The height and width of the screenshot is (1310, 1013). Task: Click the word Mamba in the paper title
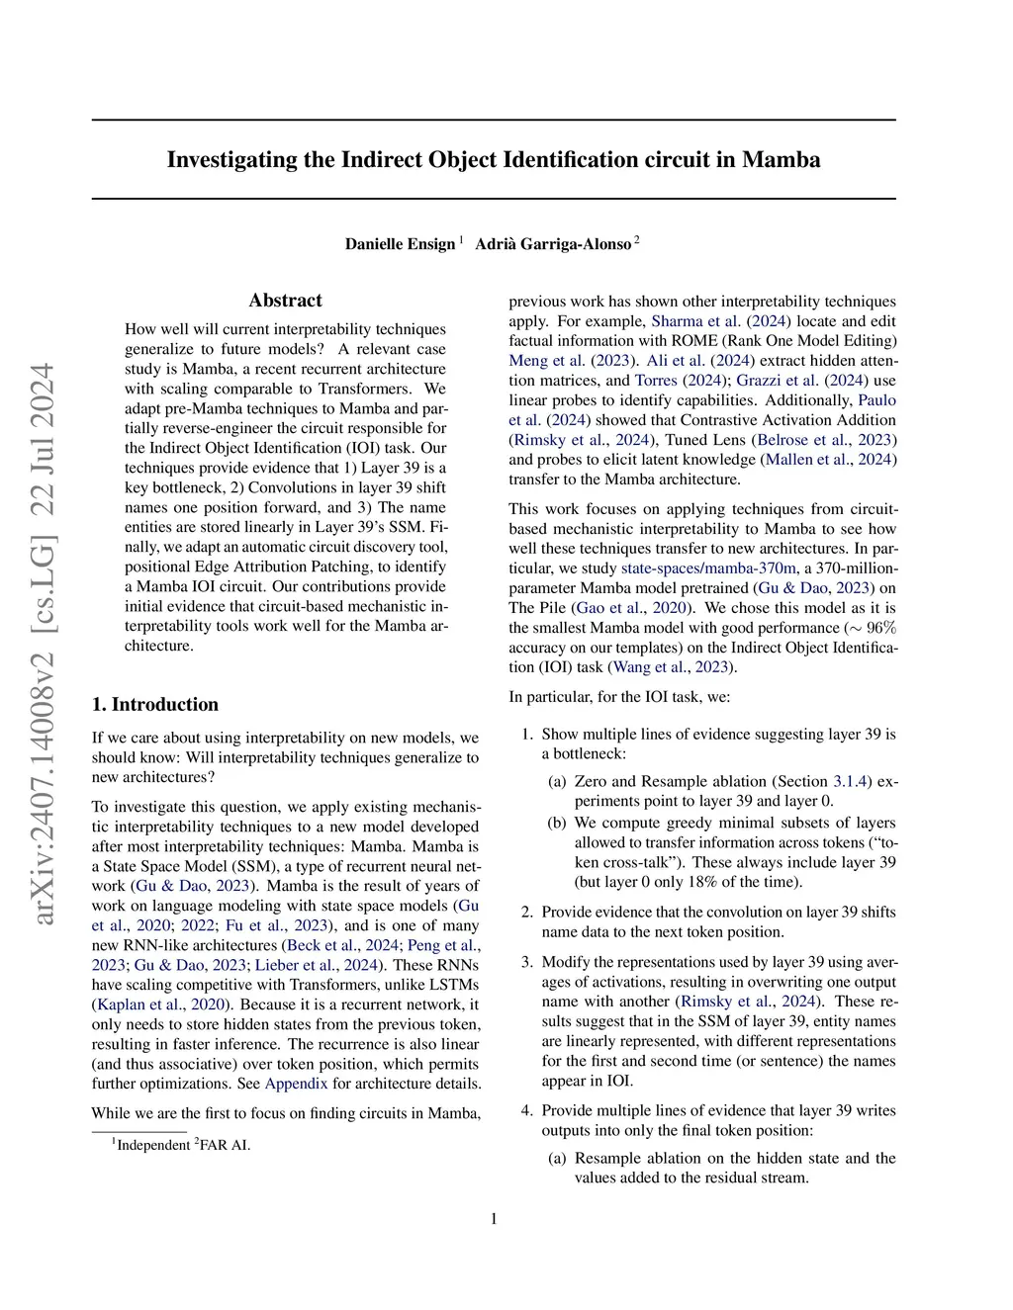point(781,160)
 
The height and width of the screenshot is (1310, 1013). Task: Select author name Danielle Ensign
point(400,244)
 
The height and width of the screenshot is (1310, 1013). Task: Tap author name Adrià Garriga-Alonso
point(553,244)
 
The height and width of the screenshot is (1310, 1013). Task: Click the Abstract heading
point(285,301)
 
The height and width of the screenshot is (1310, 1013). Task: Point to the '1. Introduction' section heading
point(155,704)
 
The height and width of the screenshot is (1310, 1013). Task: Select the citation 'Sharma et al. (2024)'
point(720,321)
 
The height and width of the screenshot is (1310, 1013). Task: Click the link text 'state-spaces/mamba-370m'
point(708,568)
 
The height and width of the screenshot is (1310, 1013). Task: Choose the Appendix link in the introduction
point(296,1084)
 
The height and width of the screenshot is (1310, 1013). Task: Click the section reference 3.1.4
point(851,782)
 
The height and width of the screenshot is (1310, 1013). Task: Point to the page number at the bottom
point(494,1219)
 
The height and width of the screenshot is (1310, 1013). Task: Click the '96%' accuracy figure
point(881,628)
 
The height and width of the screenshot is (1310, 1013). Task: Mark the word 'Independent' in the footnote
point(153,1146)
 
